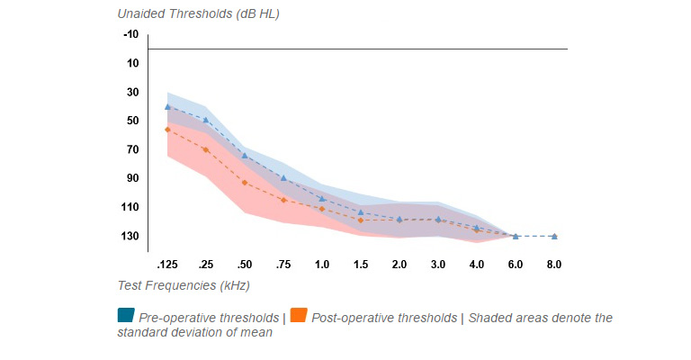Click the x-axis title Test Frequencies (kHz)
point(183,285)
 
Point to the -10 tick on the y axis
point(130,34)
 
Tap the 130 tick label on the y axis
point(130,236)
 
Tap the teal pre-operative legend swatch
point(126,316)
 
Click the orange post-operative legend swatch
point(299,316)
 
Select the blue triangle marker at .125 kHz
point(167,106)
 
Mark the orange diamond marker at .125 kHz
point(167,130)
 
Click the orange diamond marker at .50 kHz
point(245,183)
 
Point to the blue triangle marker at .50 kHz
point(245,156)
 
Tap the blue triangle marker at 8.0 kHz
point(554,236)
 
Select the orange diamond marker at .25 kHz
point(206,149)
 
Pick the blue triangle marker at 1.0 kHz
point(322,198)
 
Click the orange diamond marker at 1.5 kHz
point(361,220)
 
